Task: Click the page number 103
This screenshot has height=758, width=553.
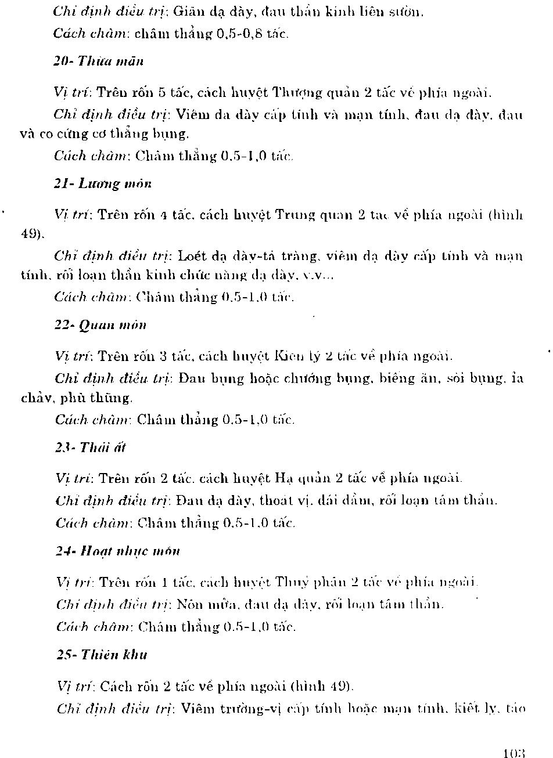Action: click(514, 753)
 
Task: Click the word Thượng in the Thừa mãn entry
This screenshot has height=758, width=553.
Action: click(297, 92)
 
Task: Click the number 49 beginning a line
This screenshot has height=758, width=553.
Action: click(30, 234)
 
